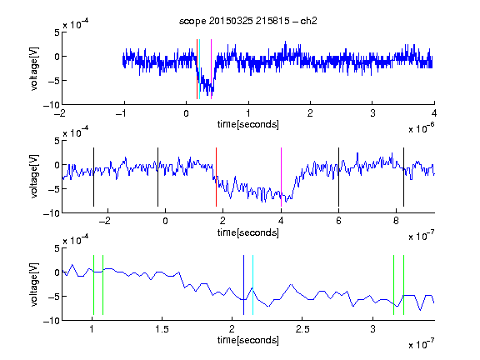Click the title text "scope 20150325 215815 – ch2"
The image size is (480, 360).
coord(248,21)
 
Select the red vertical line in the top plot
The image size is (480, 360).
coord(197,69)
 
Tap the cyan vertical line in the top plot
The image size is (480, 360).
coord(199,69)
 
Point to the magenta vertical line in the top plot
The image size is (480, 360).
coord(211,69)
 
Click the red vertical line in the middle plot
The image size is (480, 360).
coord(216,177)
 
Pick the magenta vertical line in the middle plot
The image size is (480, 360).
coord(281,177)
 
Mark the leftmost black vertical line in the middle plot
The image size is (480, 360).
coord(93,177)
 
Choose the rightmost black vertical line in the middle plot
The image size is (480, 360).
coord(403,177)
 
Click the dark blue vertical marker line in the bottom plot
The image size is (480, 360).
coord(243,285)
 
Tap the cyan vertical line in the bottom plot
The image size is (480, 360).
coord(252,285)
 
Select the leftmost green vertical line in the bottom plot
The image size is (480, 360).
coord(93,285)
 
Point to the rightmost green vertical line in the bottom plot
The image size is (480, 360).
coord(403,285)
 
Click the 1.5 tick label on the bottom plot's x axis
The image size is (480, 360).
coord(162,329)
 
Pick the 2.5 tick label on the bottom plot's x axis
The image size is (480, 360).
coord(302,329)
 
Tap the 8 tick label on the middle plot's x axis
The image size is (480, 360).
coord(396,221)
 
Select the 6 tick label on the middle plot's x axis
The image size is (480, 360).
coord(338,221)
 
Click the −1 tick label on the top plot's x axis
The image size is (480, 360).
coord(121,113)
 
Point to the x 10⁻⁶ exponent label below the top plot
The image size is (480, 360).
coord(422,128)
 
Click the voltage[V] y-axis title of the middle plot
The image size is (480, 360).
coord(34,177)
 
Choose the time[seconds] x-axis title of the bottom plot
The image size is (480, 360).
coord(248,340)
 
